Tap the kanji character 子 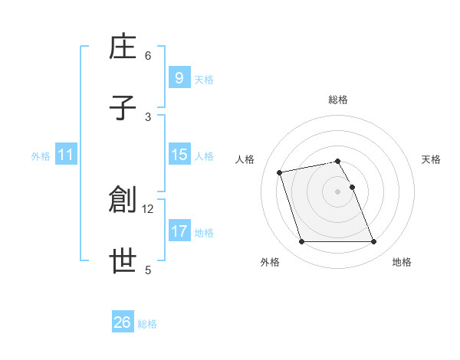pos(123,108)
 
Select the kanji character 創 pos(123,199)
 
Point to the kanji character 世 pos(123,260)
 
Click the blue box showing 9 pos(179,77)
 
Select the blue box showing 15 pos(179,155)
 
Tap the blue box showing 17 pos(179,231)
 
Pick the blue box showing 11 pos(65,155)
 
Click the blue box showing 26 pos(122,322)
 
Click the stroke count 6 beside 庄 pos(148,55)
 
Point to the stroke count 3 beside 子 pos(148,116)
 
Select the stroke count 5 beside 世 pos(148,269)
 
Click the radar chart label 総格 pos(338,100)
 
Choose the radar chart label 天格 pos(431,159)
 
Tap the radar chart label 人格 pos(245,159)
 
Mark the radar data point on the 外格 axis pos(301,242)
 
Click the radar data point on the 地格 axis pos(373,242)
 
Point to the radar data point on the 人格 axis pos(280,172)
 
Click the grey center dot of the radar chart pos(337,191)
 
